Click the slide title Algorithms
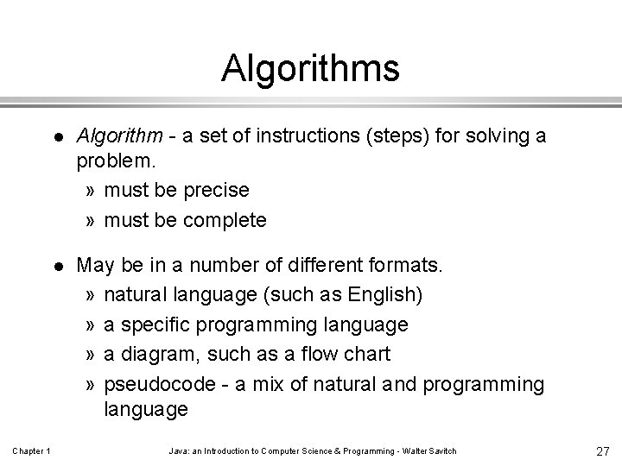310,68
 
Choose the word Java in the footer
178,451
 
